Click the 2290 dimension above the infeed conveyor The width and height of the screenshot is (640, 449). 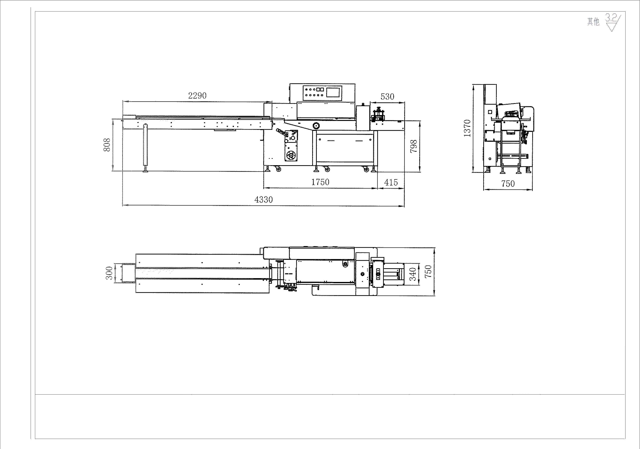(x=197, y=96)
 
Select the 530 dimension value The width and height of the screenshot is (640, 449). (x=387, y=97)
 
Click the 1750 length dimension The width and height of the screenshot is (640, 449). (x=320, y=182)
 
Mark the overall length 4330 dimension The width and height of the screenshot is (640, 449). (x=263, y=200)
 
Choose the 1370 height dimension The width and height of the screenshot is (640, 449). (x=467, y=128)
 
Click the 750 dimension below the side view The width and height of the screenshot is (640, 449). (x=508, y=184)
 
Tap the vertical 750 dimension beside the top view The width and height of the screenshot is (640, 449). (x=428, y=271)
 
